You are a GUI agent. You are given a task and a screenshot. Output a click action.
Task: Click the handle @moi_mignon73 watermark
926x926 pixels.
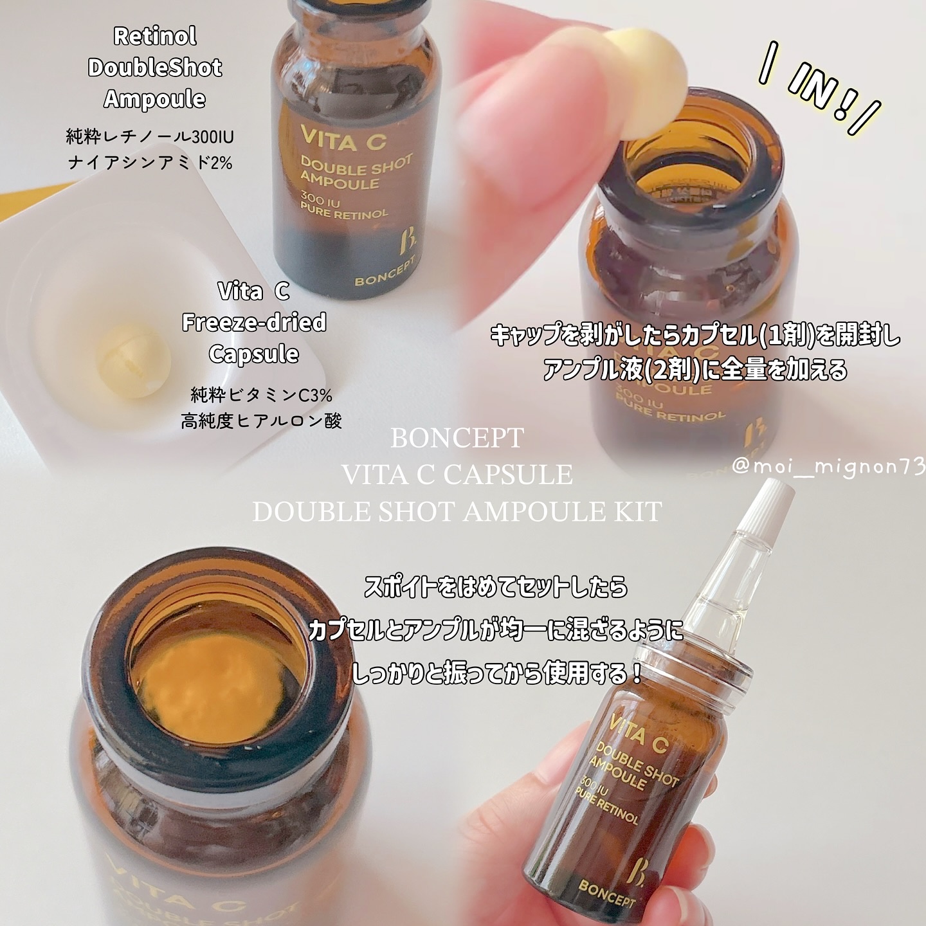pos(828,466)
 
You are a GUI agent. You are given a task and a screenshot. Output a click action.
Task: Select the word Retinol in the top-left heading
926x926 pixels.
pos(155,36)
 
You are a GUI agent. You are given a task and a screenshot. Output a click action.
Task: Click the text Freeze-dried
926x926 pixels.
pos(254,322)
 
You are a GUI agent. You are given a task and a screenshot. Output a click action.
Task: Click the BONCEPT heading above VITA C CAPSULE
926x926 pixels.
pos(457,439)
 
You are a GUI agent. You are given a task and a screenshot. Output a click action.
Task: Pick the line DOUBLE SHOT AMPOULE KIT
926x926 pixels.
pos(457,513)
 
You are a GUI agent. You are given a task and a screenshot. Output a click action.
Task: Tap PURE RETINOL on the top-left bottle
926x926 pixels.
pos(345,212)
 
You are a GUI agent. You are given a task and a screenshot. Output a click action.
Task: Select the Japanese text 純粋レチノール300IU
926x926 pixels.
pos(150,137)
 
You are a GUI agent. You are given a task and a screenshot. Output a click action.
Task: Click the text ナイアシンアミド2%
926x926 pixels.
pos(150,163)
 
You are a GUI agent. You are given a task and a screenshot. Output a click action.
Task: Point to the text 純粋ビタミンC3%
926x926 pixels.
pos(261,395)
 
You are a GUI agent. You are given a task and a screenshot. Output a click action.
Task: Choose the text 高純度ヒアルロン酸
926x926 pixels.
pos(261,421)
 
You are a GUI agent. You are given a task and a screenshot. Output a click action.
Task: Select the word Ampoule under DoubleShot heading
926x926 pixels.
pos(155,99)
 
